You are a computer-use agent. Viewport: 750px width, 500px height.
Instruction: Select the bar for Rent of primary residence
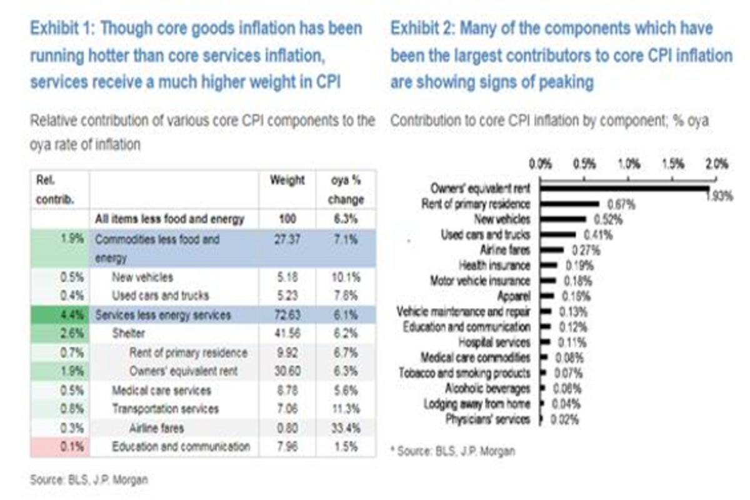(569, 203)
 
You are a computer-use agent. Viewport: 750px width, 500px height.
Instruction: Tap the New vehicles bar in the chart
(563, 219)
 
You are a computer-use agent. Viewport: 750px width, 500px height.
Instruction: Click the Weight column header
(287, 181)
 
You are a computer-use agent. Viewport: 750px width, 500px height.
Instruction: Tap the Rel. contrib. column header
(49, 189)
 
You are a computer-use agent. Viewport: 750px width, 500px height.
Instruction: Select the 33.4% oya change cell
(345, 428)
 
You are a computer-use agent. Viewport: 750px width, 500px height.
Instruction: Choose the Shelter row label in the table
(128, 334)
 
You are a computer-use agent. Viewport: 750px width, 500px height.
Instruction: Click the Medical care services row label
(161, 391)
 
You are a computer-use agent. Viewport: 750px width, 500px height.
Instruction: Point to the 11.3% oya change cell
(345, 409)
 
